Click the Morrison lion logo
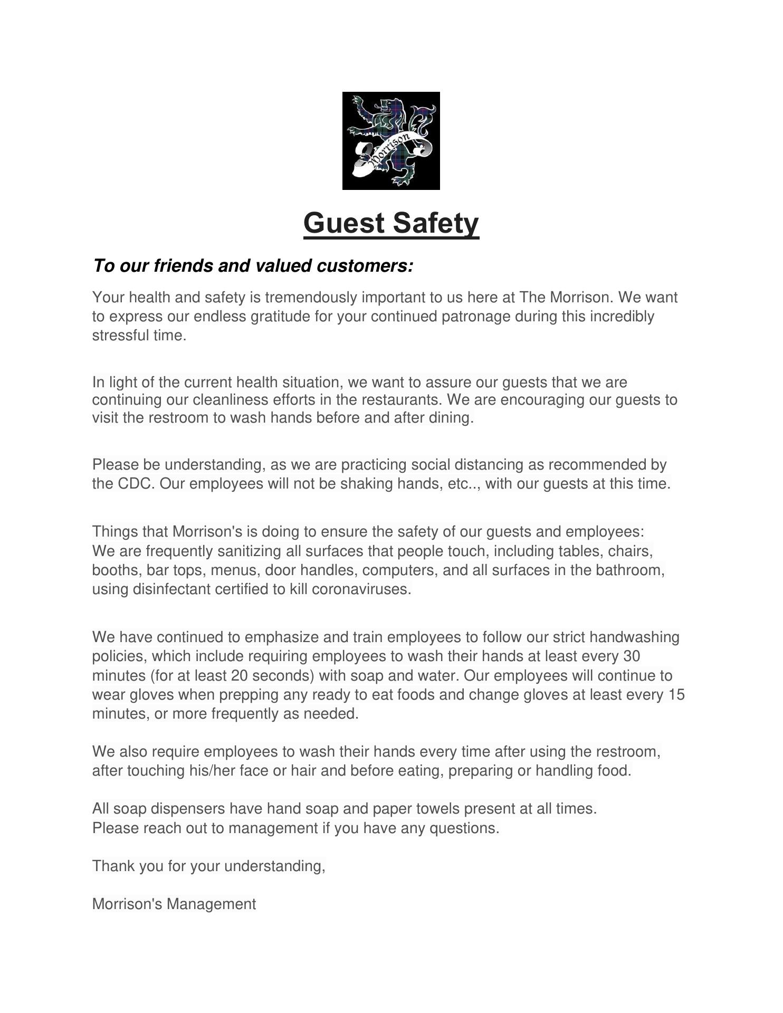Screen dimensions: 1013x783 [x=391, y=141]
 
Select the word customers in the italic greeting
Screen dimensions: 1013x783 [x=364, y=266]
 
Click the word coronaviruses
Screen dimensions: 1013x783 [x=361, y=589]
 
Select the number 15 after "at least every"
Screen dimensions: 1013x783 [x=676, y=695]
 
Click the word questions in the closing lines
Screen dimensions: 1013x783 [x=464, y=828]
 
